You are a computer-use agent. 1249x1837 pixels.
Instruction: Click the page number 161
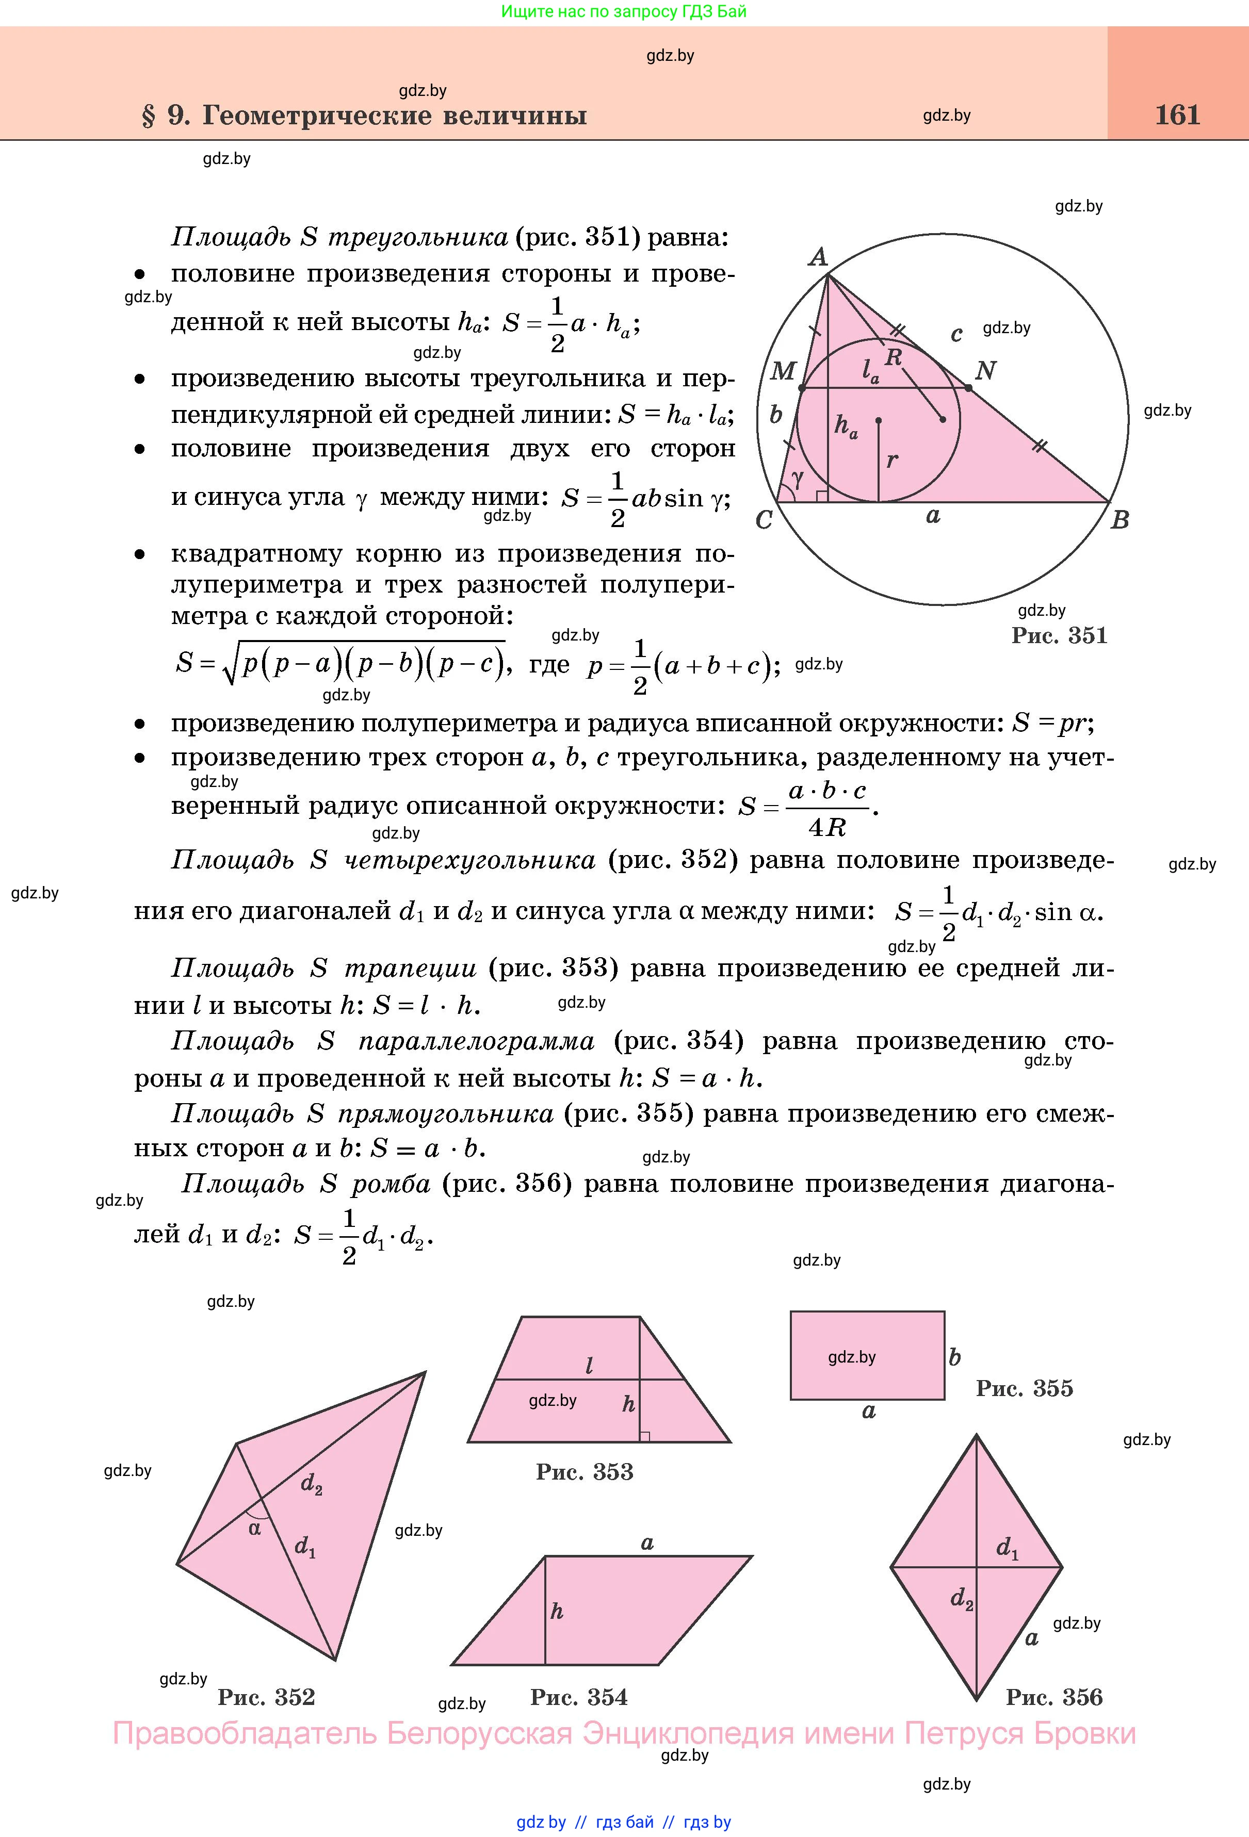(1177, 116)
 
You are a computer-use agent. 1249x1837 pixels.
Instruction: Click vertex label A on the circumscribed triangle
(818, 257)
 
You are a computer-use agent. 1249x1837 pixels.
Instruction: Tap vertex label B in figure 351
(1120, 520)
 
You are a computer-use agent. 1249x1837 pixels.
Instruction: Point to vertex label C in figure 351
(764, 520)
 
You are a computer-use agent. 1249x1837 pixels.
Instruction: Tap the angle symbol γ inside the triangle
(797, 479)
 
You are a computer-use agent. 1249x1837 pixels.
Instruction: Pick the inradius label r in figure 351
(893, 460)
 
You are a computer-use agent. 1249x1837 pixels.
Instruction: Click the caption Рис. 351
(1059, 635)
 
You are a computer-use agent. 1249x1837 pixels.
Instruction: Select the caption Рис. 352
(266, 1697)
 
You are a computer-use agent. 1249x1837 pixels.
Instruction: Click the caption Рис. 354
(579, 1697)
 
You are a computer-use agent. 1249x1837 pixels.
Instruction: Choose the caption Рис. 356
(1054, 1697)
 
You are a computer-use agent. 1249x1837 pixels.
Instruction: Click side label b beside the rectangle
(955, 1357)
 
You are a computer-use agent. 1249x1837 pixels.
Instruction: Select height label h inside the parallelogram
(557, 1611)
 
